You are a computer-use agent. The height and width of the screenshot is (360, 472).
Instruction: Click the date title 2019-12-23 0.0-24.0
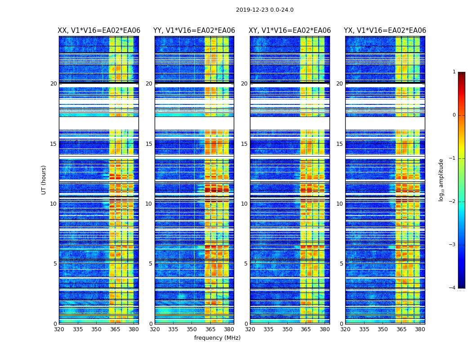(264, 10)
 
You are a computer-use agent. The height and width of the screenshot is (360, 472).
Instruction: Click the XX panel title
(99, 31)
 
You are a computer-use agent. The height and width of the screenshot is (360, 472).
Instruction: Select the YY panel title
(194, 31)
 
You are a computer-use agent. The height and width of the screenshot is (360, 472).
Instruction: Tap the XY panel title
(290, 31)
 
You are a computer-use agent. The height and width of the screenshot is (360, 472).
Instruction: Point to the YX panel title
(385, 31)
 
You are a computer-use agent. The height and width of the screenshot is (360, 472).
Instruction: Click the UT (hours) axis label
(44, 180)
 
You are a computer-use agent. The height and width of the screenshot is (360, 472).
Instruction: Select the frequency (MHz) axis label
(217, 338)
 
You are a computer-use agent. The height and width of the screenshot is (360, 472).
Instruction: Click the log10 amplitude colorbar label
(441, 180)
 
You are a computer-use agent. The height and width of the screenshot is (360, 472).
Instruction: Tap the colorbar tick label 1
(454, 72)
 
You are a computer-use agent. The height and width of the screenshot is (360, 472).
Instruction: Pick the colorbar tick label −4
(453, 288)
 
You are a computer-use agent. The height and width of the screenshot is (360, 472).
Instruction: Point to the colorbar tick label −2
(453, 202)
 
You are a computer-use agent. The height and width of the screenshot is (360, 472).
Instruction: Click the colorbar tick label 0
(454, 115)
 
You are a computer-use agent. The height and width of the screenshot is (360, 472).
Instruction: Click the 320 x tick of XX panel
(59, 329)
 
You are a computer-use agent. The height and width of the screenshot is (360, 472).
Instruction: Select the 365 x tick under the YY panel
(210, 329)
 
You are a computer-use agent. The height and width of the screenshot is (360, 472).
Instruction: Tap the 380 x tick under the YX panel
(420, 329)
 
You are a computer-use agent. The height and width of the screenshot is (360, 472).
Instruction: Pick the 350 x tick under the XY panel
(287, 329)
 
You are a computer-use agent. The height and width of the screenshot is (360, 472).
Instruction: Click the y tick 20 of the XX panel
(53, 84)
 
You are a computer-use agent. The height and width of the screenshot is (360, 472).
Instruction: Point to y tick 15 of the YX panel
(340, 144)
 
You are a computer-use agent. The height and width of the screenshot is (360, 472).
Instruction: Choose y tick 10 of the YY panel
(149, 204)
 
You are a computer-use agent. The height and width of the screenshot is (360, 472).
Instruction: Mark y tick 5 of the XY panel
(246, 264)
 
